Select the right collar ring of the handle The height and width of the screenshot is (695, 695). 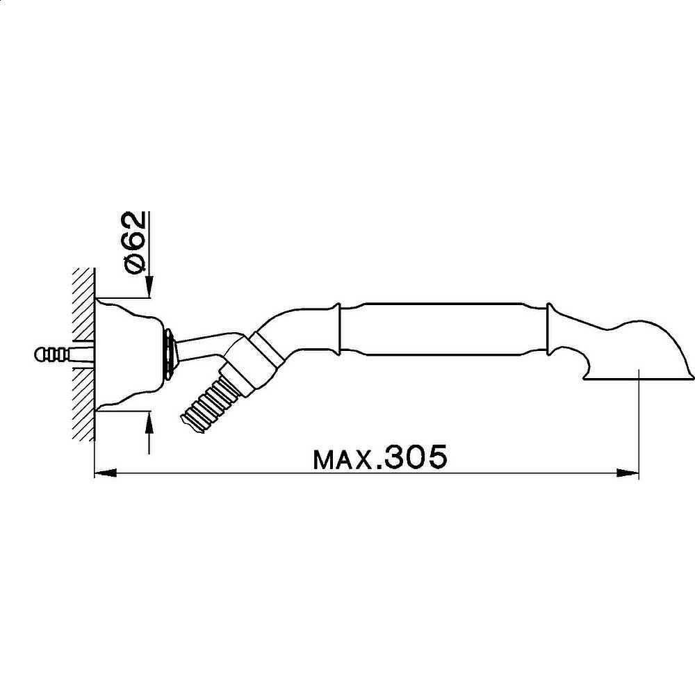pos(549,328)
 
